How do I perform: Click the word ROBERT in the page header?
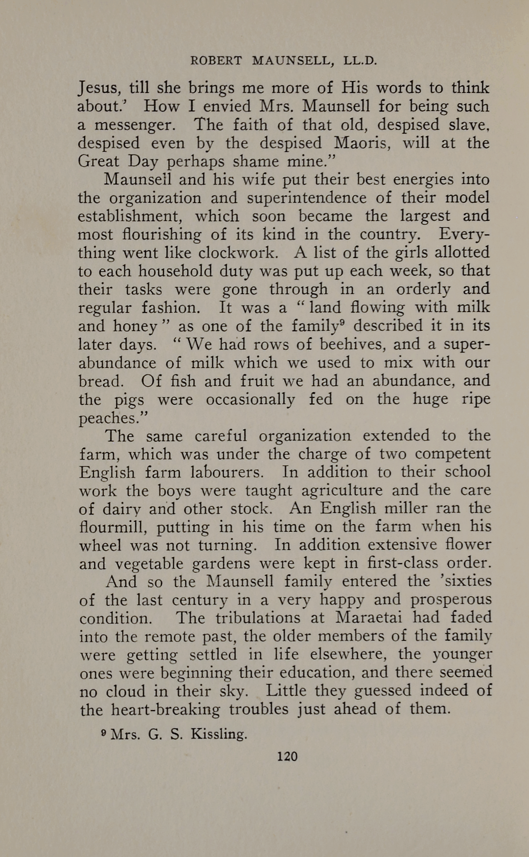[216, 61]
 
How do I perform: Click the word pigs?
[126, 400]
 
